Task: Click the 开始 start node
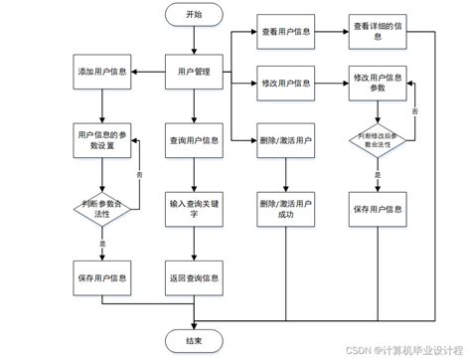[x=193, y=15]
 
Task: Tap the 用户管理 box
[x=193, y=72]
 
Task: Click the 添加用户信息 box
[x=101, y=72]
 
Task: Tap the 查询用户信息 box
[x=193, y=139]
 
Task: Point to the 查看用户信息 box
[x=285, y=32]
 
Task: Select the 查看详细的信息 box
[x=378, y=32]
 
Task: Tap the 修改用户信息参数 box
[x=378, y=83]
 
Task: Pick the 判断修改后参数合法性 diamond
[x=378, y=141]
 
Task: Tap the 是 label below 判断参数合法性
[x=103, y=241]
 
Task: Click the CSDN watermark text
[x=397, y=349]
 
